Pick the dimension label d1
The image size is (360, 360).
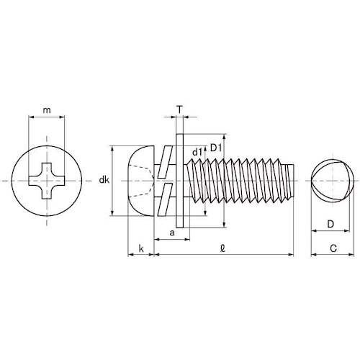pyautogui.click(x=197, y=152)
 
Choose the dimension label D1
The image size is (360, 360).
pyautogui.click(x=215, y=148)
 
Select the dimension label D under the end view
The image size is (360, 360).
pyautogui.click(x=329, y=224)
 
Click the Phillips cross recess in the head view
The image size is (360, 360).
pyautogui.click(x=47, y=179)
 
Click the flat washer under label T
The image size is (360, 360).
pyautogui.click(x=180, y=179)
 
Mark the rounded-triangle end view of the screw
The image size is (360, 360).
pyautogui.click(x=329, y=179)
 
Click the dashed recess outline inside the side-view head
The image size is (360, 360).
pyautogui.click(x=144, y=179)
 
